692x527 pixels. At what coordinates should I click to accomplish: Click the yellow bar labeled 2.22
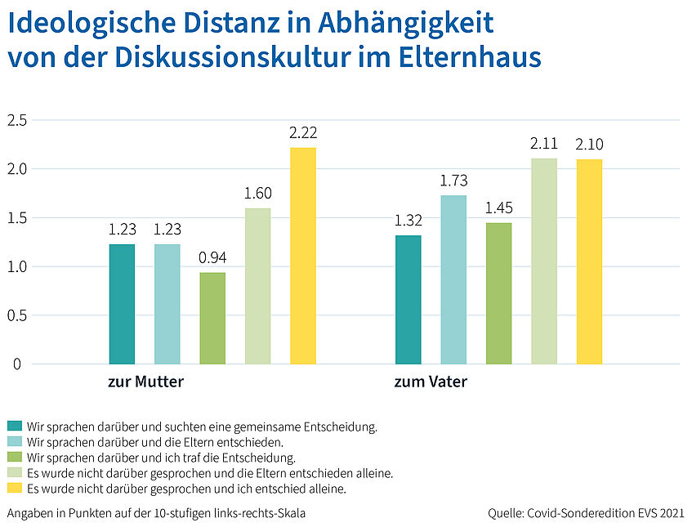tap(303, 256)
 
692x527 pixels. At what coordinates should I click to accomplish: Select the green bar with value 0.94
tap(212, 318)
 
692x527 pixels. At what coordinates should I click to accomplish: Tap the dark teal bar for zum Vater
tap(409, 300)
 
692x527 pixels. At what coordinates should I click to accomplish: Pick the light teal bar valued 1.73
tap(453, 279)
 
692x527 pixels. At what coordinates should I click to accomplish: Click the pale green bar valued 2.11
tap(544, 261)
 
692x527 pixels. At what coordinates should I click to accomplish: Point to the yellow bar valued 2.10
tap(589, 261)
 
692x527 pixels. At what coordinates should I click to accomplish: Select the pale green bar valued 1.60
tap(258, 286)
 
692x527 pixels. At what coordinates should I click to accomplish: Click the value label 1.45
tap(498, 208)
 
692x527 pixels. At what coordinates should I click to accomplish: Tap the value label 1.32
tap(408, 220)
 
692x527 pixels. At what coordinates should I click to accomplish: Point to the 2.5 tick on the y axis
tap(17, 121)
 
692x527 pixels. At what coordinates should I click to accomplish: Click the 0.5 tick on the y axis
tap(17, 315)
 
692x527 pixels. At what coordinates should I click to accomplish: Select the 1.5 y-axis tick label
tap(17, 218)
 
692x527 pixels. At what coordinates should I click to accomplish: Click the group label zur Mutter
tap(146, 382)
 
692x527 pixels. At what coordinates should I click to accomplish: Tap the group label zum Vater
tap(431, 382)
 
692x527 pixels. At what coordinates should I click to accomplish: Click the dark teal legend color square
tap(15, 427)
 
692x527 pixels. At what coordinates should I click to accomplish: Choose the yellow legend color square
tap(15, 489)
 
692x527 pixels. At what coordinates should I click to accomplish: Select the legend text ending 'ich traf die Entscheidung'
tap(161, 458)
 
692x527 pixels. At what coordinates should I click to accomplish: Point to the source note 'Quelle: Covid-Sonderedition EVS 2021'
tap(585, 513)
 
